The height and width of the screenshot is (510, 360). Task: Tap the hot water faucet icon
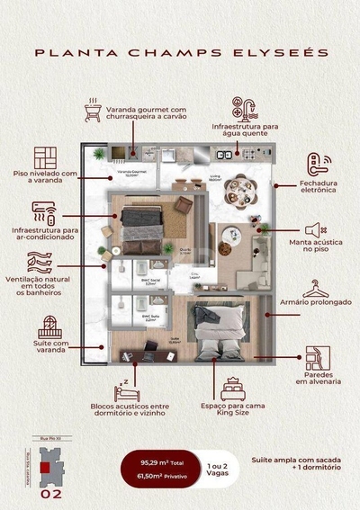point(244,110)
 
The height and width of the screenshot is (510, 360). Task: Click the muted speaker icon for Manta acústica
point(313,230)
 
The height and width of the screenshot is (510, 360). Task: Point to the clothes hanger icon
point(315,289)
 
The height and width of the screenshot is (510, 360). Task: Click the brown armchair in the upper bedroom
point(184,205)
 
